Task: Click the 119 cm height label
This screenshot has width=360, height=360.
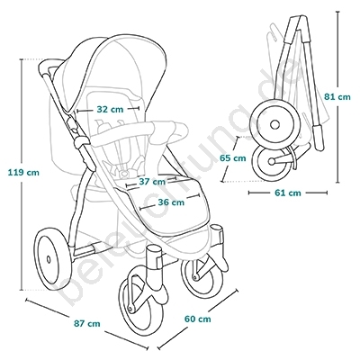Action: tap(23, 173)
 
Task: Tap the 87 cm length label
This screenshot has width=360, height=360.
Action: tap(86, 324)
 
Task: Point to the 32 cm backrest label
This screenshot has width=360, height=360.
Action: tap(110, 110)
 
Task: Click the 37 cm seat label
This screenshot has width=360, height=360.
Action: tap(152, 182)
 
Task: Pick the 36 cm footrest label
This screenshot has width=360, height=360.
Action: tap(171, 202)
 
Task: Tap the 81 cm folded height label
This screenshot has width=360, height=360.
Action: tap(337, 97)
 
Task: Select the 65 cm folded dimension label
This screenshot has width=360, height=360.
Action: tap(232, 158)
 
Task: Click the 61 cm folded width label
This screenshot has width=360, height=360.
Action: tap(288, 193)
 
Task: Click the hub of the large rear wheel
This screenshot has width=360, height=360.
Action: tap(49, 259)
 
